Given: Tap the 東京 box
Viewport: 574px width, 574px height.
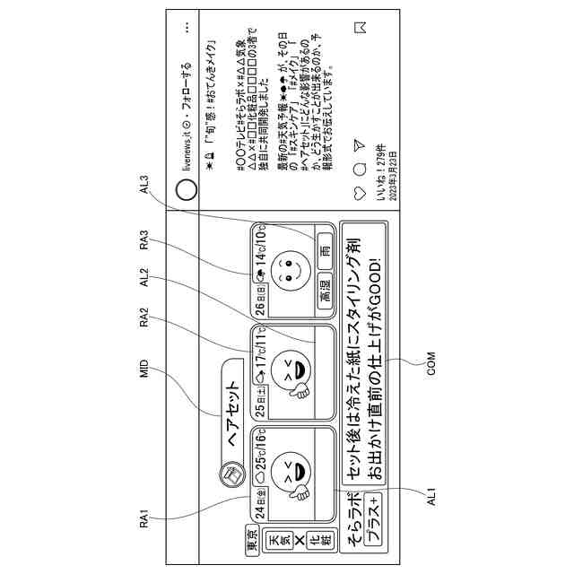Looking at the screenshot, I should point(253,541).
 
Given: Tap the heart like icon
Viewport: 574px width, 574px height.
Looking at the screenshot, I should point(360,194).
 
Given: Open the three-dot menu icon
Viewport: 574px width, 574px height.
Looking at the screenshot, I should point(187,28).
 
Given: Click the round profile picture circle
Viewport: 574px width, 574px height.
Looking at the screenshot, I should point(187,189).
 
